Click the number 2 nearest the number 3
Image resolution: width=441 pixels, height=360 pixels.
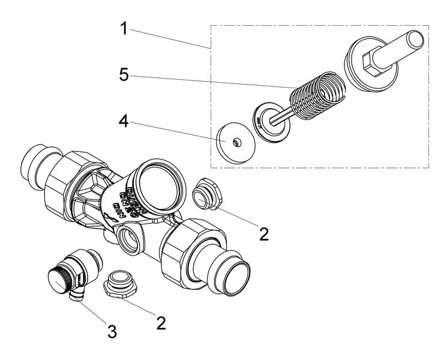pos(161,322)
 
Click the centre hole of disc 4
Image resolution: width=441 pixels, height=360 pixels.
pos(238,142)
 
